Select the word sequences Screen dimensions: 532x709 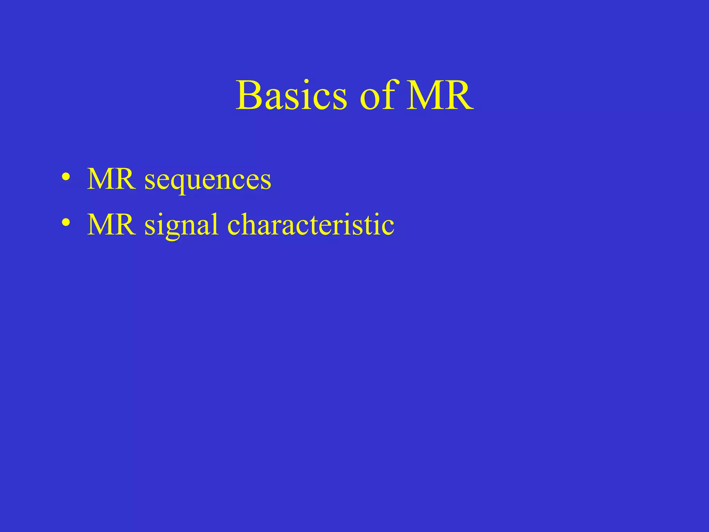pos(208,181)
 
